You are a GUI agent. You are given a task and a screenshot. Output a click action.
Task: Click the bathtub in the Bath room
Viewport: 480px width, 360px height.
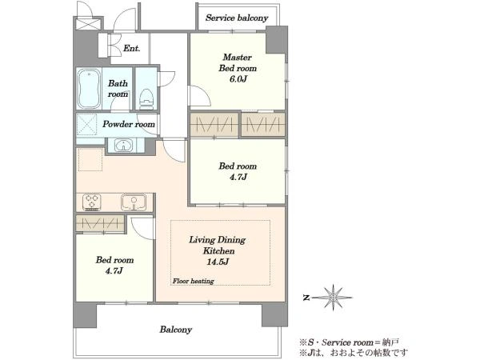(x=89, y=89)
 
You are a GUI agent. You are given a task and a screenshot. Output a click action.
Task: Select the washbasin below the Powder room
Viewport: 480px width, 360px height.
(x=124, y=145)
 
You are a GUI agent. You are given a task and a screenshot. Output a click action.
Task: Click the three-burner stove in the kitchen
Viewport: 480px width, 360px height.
(x=91, y=202)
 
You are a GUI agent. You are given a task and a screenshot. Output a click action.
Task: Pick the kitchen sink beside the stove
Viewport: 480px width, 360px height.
(x=134, y=202)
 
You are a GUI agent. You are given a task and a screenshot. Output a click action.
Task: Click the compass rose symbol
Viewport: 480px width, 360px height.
(x=333, y=298)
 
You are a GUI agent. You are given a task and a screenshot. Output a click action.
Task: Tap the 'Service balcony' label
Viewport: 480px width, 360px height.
(x=237, y=18)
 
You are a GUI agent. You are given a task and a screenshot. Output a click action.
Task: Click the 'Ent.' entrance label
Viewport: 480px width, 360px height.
(x=132, y=48)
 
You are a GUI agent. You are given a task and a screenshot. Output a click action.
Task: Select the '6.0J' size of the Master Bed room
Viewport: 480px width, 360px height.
(x=238, y=79)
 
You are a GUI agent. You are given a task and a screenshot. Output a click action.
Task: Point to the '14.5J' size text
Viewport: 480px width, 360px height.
(x=218, y=262)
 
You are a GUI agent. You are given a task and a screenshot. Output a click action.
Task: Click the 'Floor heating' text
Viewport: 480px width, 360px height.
(x=193, y=281)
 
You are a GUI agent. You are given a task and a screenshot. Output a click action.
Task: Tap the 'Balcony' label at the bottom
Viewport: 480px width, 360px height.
(x=176, y=330)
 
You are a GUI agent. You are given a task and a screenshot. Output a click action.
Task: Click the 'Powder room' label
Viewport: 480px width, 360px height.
(x=129, y=124)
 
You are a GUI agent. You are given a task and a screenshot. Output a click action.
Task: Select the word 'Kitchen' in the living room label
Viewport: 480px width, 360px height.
(x=218, y=250)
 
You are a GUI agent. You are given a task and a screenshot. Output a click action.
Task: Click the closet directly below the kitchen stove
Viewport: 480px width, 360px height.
(x=100, y=224)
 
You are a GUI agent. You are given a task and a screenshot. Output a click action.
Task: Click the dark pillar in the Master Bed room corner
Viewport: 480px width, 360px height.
(x=277, y=40)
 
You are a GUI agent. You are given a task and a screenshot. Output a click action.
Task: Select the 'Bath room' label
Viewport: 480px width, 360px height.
(x=118, y=89)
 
